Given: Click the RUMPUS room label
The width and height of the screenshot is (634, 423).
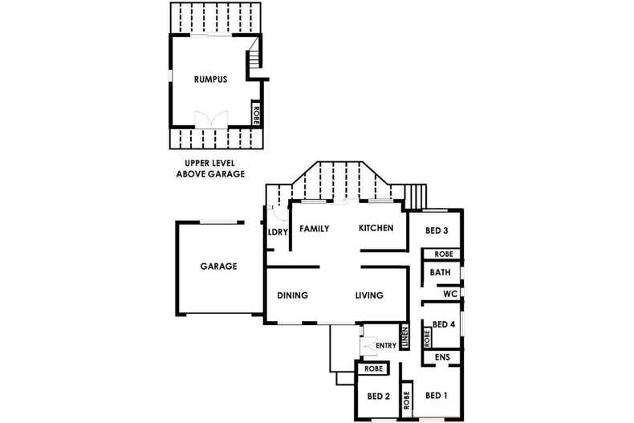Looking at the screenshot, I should point(211,79).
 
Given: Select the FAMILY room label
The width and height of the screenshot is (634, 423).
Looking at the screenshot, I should point(315,229).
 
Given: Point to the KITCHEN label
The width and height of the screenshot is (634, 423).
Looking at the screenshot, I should point(376,229).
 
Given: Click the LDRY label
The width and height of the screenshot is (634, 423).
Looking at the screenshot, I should point(277,234).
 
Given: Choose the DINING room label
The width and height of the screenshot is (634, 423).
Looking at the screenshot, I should point(293,295).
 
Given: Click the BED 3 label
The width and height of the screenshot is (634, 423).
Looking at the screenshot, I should point(436,231).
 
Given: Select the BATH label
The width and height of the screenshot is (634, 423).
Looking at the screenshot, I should point(440,273).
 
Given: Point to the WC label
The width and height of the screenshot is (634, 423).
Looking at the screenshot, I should point(449,295).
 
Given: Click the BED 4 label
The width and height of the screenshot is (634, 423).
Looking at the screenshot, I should point(444,325).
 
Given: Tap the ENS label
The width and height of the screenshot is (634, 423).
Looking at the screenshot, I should point(441,357).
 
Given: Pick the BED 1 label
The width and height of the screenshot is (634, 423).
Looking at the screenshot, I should point(436,395).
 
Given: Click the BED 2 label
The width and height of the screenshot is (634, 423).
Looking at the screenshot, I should point(378,397).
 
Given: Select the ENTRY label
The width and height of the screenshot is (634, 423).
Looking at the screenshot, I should point(386,346).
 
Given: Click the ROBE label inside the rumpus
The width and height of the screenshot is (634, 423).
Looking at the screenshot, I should point(256,112).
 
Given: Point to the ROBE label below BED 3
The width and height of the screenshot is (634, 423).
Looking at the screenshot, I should point(444,254).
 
